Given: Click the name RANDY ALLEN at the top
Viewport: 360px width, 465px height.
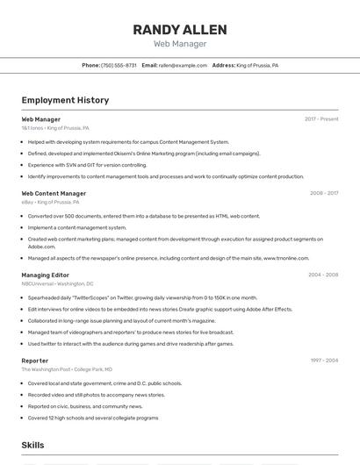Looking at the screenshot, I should pyautogui.click(x=179, y=29).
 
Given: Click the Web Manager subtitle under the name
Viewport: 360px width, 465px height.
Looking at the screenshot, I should pyautogui.click(x=179, y=44).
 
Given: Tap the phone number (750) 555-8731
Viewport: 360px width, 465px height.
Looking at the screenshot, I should pyautogui.click(x=119, y=65).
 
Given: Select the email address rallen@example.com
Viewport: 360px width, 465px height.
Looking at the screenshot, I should pyautogui.click(x=183, y=65).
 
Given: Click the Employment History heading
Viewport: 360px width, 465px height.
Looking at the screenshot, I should pyautogui.click(x=65, y=100).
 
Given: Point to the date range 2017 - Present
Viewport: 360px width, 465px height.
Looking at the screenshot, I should pyautogui.click(x=321, y=118).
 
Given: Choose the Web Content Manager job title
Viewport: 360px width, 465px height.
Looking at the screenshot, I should pyautogui.click(x=54, y=193).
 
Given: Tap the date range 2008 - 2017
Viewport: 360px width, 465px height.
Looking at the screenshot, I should pyautogui.click(x=323, y=193).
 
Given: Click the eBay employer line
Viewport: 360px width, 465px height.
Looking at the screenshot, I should pyautogui.click(x=50, y=202).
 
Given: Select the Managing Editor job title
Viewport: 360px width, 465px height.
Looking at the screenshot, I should pyautogui.click(x=45, y=275).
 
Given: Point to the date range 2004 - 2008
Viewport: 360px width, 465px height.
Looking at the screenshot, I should pyautogui.click(x=323, y=275).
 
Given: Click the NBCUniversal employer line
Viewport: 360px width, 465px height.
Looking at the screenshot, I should pyautogui.click(x=57, y=284).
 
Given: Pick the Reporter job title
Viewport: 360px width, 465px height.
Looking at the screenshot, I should pyautogui.click(x=35, y=360).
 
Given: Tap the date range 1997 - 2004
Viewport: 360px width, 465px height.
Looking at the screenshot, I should pyautogui.click(x=323, y=360).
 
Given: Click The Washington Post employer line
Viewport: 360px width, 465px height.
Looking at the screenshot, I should pyautogui.click(x=67, y=369).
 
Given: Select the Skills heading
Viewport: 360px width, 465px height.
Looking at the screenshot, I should pyautogui.click(x=32, y=446).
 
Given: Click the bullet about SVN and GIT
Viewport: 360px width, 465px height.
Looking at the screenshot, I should pyautogui.click(x=87, y=165).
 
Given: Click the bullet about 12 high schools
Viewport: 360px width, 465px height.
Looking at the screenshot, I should pyautogui.click(x=93, y=418).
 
